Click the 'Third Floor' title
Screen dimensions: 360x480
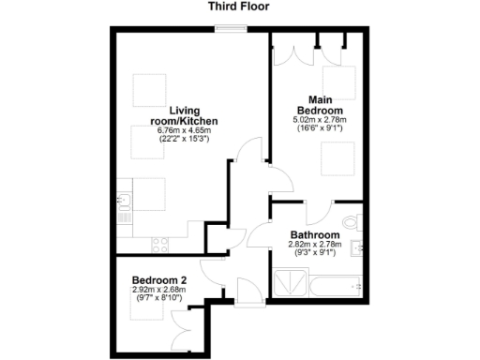point(239,7)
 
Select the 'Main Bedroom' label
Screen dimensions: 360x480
point(319,103)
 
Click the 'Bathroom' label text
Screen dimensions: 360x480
point(313,235)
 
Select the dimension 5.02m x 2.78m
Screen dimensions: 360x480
point(319,119)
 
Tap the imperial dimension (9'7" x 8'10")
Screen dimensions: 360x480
point(159,299)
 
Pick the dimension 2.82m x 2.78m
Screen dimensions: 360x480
point(313,246)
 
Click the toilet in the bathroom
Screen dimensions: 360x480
point(352,221)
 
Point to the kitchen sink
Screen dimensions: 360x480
point(124,202)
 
